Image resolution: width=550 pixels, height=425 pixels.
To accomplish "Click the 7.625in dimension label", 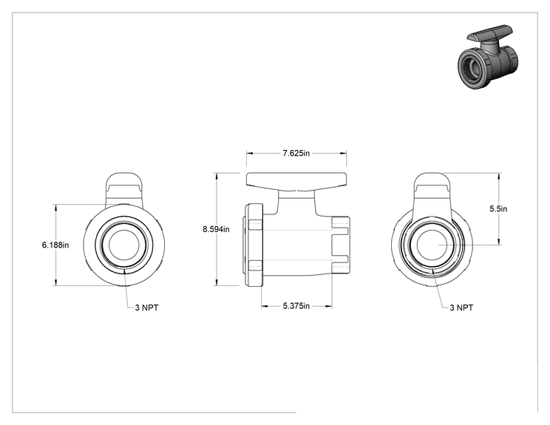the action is coord(296,153).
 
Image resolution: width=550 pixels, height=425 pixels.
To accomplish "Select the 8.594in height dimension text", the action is coord(216,229).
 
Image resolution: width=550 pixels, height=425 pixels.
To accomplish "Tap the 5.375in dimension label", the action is coord(296,306).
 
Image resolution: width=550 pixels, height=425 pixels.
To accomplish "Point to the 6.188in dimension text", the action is coord(55,245).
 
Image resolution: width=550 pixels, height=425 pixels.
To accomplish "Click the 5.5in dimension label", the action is coord(498,209).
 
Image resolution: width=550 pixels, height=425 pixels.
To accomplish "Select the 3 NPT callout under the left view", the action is coord(146,308).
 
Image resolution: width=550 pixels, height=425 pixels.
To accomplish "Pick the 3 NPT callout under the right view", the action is coord(461,308).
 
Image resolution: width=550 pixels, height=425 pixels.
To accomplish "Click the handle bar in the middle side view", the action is coord(296,181).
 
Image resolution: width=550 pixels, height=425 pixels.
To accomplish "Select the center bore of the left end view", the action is coord(124,245).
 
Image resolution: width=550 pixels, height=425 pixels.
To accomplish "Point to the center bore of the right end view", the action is coord(432,245).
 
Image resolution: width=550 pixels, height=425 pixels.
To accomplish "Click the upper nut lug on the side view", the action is coord(255,225).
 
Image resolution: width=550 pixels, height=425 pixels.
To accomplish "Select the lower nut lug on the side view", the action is coord(255,265).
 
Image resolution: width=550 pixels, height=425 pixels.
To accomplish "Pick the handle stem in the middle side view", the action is coord(296,203).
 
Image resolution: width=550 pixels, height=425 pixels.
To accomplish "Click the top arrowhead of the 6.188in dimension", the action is coord(55,207).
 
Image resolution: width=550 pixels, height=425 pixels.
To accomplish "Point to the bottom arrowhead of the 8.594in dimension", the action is coord(217,282).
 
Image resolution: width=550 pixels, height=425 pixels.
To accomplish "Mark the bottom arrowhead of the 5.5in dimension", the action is coord(499,242).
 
